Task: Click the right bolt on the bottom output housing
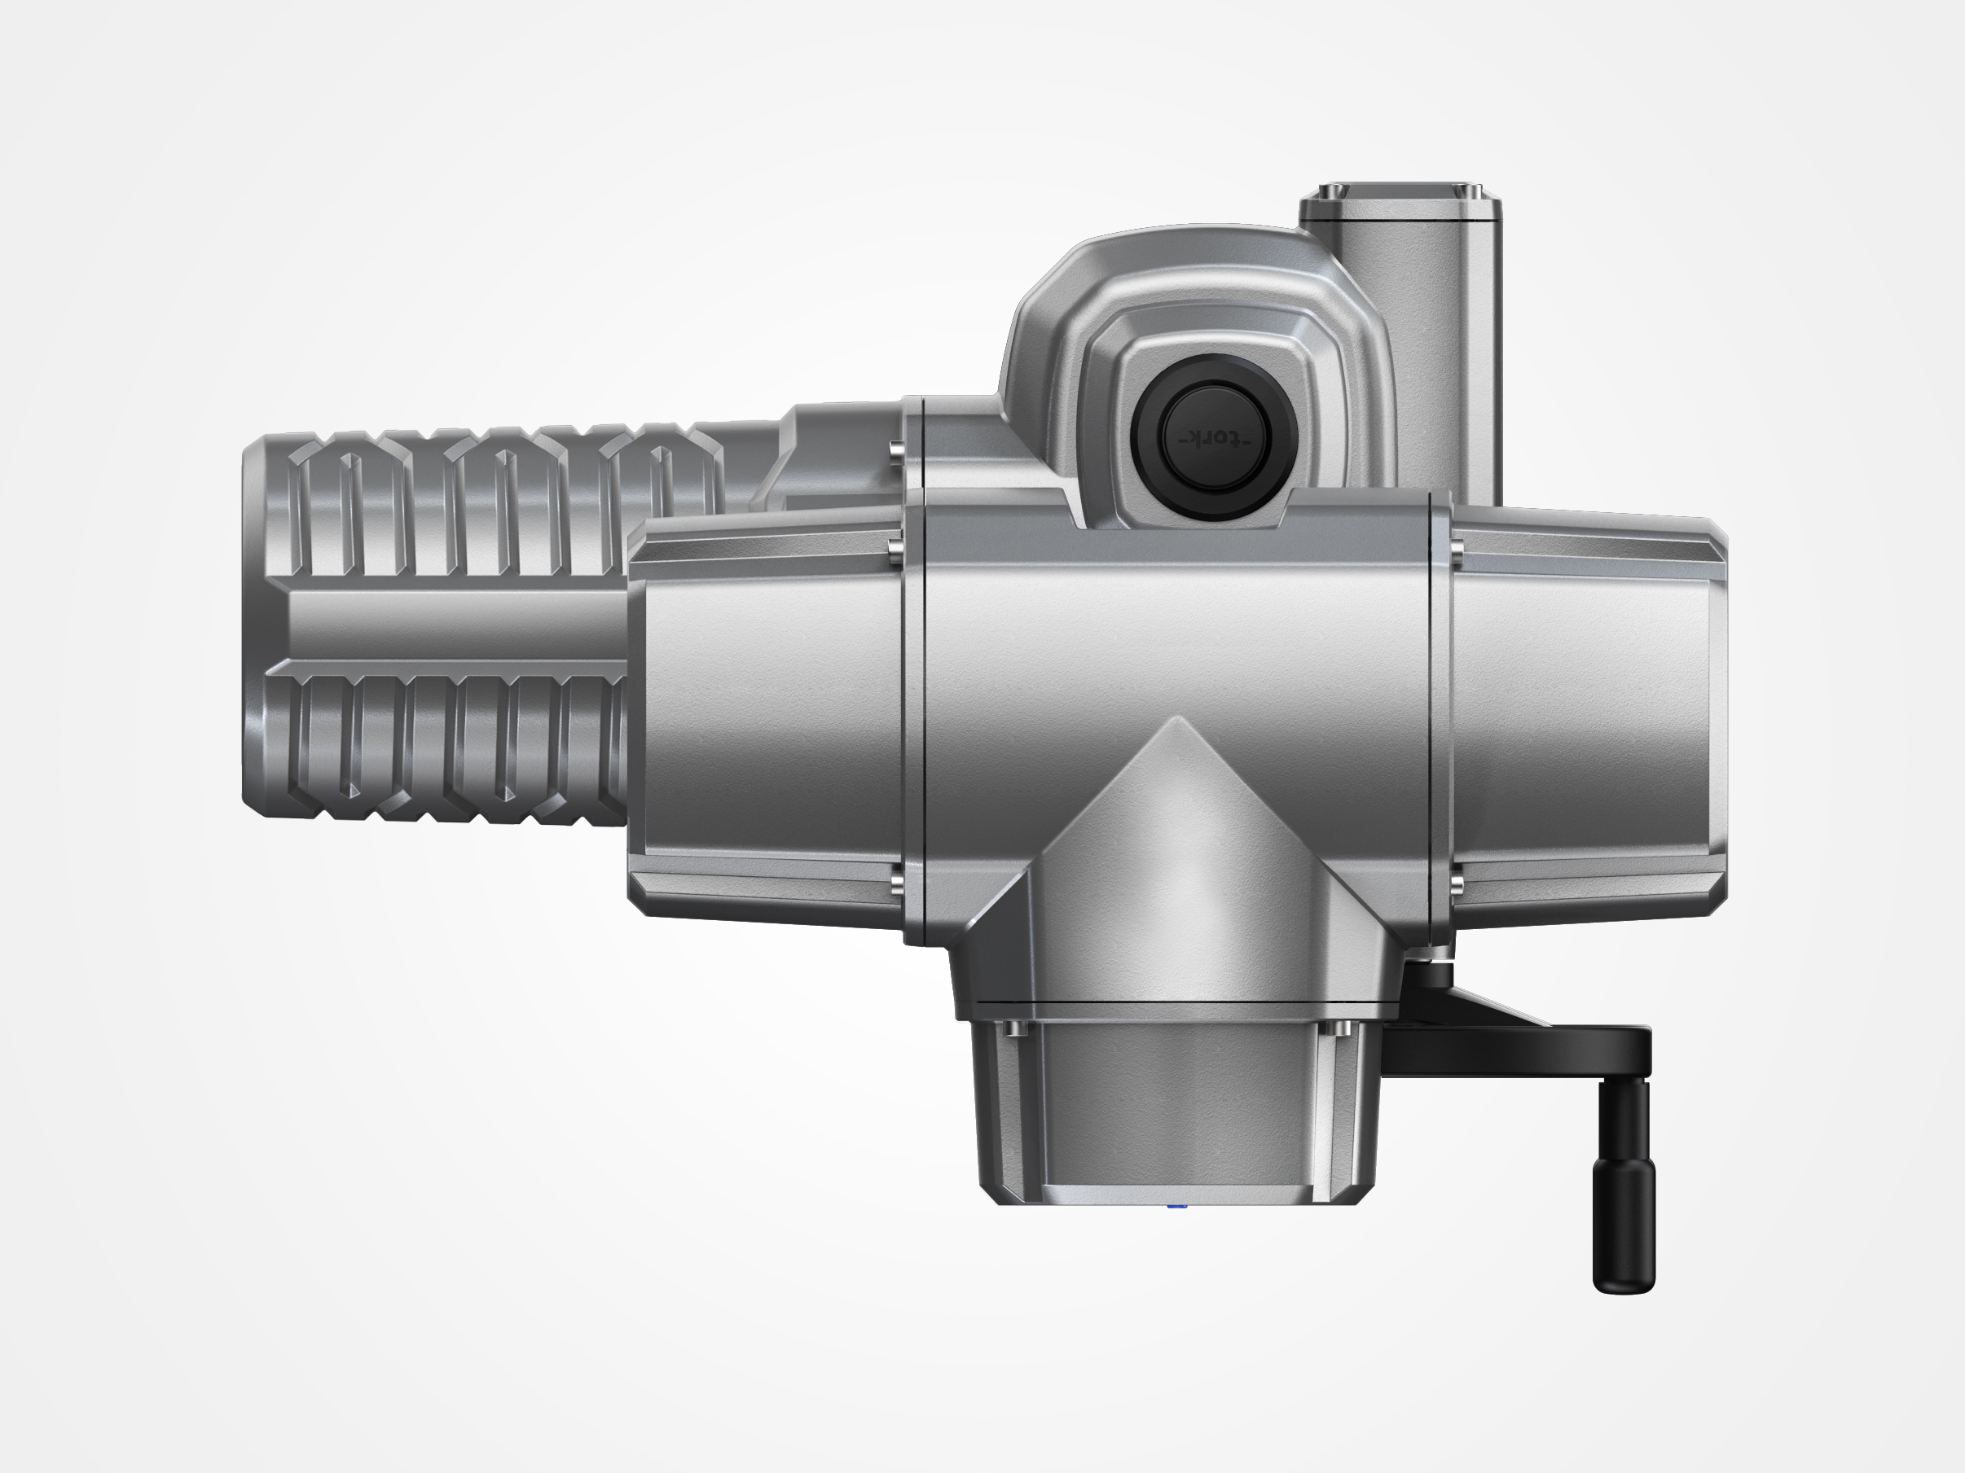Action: [1342, 1029]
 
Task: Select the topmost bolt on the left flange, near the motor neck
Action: [895, 449]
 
